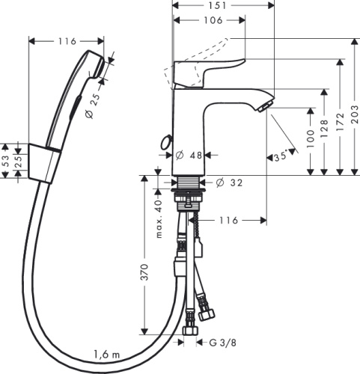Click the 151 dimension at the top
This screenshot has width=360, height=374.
click(x=224, y=6)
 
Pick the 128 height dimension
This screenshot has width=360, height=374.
click(x=324, y=132)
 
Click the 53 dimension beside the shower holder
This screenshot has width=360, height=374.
click(x=6, y=159)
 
